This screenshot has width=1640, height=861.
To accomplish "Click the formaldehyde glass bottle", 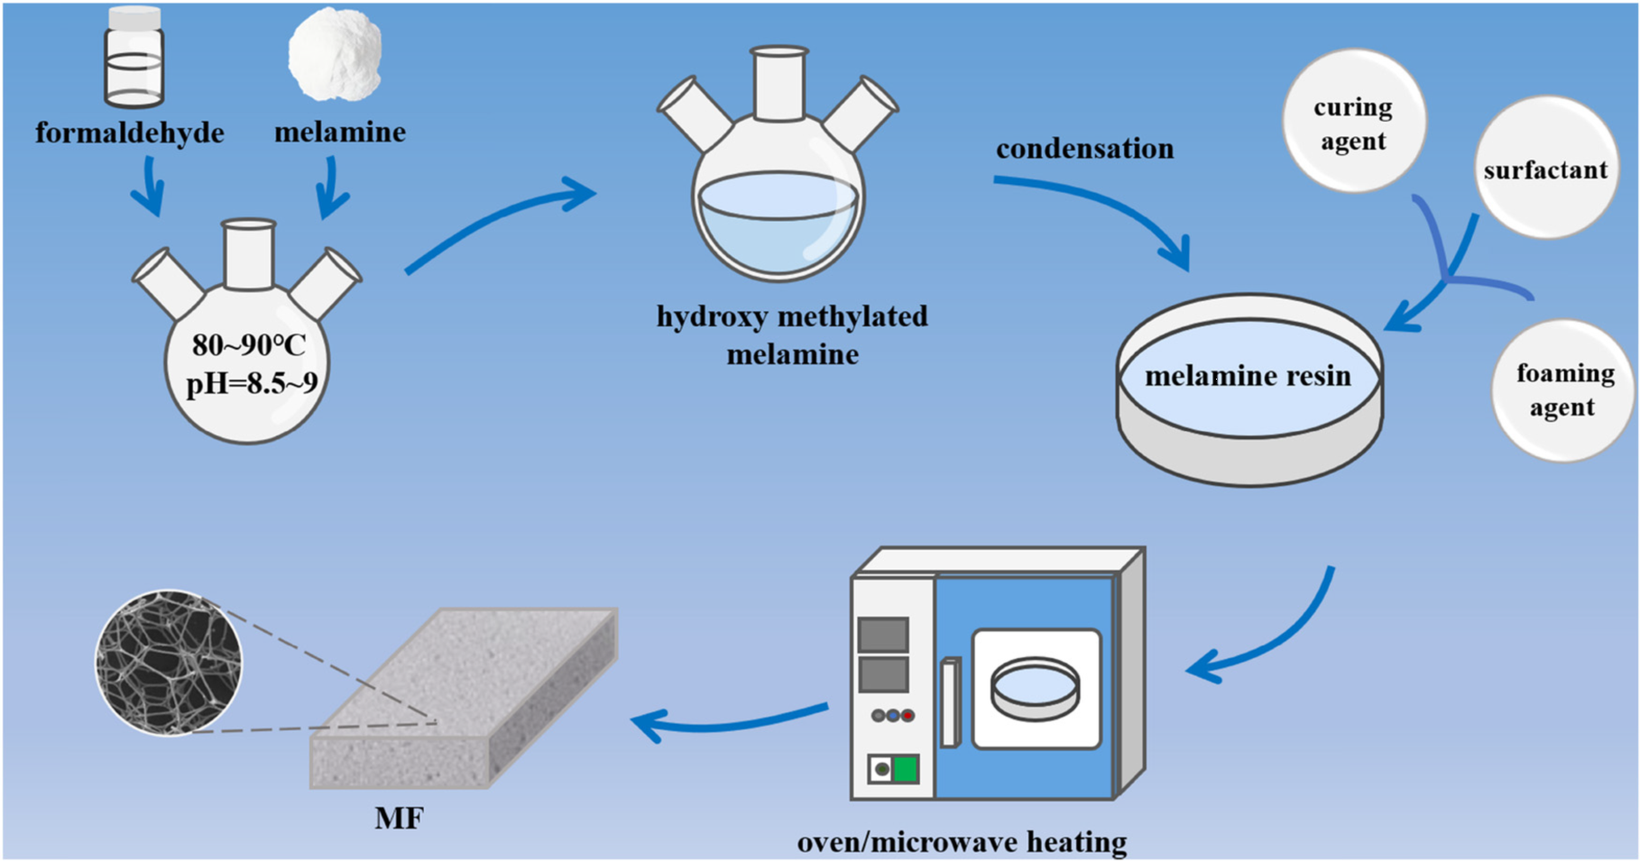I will point(134,56).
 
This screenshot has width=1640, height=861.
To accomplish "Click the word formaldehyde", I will point(130,133).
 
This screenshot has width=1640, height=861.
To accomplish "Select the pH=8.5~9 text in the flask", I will point(252,384).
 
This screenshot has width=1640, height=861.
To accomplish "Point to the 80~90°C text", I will point(249,344).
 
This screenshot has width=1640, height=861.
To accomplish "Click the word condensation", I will point(1084,149).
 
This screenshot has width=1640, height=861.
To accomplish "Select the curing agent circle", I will point(1353,122).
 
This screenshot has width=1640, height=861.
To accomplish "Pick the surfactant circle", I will point(1544,169).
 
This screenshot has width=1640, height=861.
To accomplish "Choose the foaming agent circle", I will point(1563,390).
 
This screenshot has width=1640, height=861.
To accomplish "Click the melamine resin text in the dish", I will point(1248,376).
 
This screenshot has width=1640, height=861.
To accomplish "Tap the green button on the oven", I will point(905,769).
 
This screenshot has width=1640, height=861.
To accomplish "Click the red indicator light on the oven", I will point(908,716).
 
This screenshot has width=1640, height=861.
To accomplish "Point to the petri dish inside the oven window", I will point(1036,689).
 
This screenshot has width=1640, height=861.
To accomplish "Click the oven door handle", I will point(949,702).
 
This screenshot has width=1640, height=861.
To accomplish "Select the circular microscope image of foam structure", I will point(169,663).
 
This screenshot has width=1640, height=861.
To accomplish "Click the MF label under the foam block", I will point(398,818).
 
